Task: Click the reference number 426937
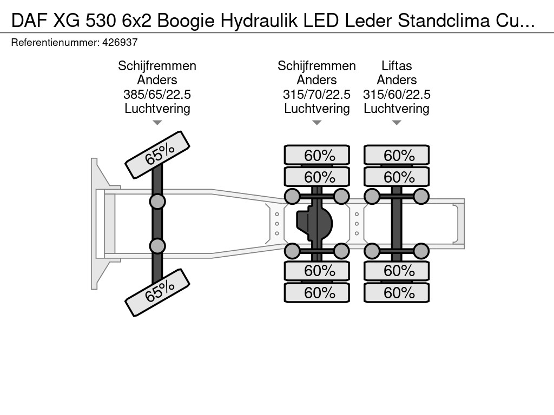click(120, 42)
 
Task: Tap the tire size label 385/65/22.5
click(157, 95)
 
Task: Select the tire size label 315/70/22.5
click(316, 95)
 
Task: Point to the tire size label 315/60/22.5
click(397, 95)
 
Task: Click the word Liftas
click(397, 66)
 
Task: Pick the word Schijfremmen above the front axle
click(157, 66)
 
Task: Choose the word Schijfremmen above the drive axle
click(316, 66)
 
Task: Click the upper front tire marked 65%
click(157, 155)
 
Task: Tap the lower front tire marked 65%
click(157, 292)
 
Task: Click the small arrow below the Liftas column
click(397, 123)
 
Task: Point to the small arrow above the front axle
click(157, 123)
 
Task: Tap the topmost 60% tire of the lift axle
click(397, 155)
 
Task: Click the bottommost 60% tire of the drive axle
click(317, 292)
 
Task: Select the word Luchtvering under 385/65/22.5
click(157, 109)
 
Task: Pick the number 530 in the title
click(101, 21)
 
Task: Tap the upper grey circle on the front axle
click(157, 202)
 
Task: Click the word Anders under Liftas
click(397, 80)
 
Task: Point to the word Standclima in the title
click(444, 21)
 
